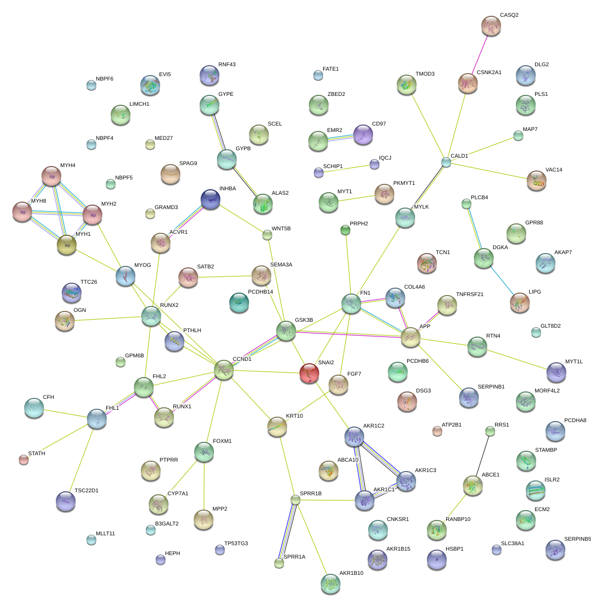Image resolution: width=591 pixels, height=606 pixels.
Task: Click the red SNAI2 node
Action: coord(309,373)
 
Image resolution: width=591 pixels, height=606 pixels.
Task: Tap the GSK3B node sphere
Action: coord(286,331)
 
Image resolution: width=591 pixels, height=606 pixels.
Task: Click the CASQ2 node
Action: coord(491,26)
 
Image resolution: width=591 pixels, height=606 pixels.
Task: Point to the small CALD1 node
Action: coord(446,162)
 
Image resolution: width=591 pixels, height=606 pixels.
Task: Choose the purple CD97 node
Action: coord(363,134)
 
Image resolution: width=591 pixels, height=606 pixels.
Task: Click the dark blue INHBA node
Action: coord(211,199)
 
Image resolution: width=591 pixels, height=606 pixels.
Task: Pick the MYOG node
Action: coord(125,276)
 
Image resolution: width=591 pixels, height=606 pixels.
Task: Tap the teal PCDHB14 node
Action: coord(239,302)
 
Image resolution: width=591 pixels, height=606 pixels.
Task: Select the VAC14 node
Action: coord(536,180)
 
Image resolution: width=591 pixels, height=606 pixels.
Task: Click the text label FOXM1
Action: coord(222,441)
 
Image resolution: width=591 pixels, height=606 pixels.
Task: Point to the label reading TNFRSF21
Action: coord(469,295)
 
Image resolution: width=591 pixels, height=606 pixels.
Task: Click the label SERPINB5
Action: coord(577,539)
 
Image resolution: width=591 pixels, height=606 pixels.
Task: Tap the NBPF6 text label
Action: coord(105,79)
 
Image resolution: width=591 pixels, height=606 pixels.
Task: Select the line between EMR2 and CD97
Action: coord(341,137)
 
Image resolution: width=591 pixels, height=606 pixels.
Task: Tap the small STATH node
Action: coord(23,460)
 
